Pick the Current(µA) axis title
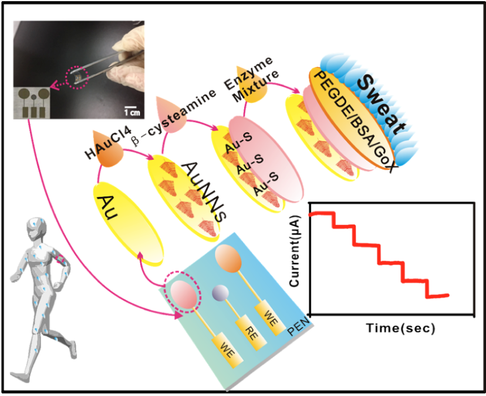[x=295, y=253]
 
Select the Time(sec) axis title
[x=401, y=328]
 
